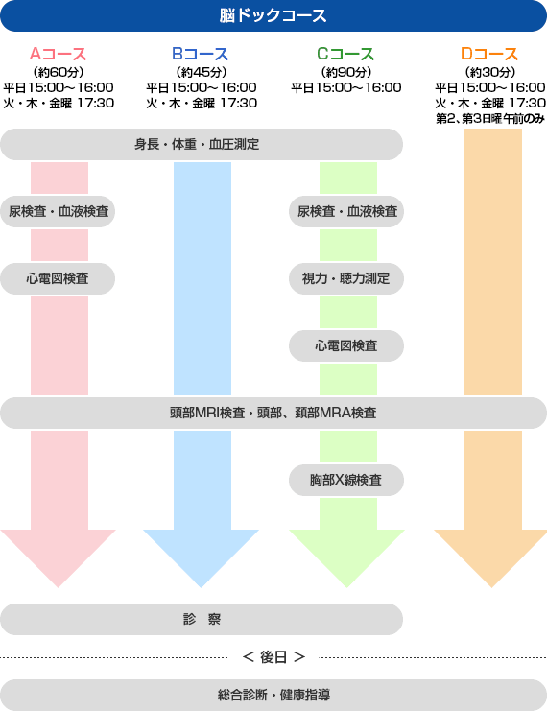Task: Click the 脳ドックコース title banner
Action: [x=273, y=16]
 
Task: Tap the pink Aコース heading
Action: [x=58, y=54]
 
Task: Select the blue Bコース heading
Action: [x=201, y=54]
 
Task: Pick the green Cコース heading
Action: [x=345, y=54]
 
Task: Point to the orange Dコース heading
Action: [x=489, y=54]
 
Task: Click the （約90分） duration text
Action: [x=346, y=72]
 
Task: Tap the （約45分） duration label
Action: [x=201, y=72]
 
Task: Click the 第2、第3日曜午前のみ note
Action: [x=489, y=119]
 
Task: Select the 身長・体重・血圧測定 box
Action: [x=202, y=144]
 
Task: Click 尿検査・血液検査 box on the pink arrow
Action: [x=58, y=211]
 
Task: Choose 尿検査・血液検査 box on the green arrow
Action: [x=346, y=211]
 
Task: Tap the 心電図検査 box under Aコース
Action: [x=58, y=278]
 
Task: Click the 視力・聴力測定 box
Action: [x=346, y=278]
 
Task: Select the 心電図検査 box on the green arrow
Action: [x=346, y=346]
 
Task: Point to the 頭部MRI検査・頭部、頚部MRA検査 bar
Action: [x=273, y=414]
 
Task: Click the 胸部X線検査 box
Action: [x=346, y=480]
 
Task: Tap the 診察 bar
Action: [x=202, y=620]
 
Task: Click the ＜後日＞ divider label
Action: [x=273, y=657]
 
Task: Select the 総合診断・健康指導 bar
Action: [x=273, y=695]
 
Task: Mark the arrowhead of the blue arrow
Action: [x=202, y=587]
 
